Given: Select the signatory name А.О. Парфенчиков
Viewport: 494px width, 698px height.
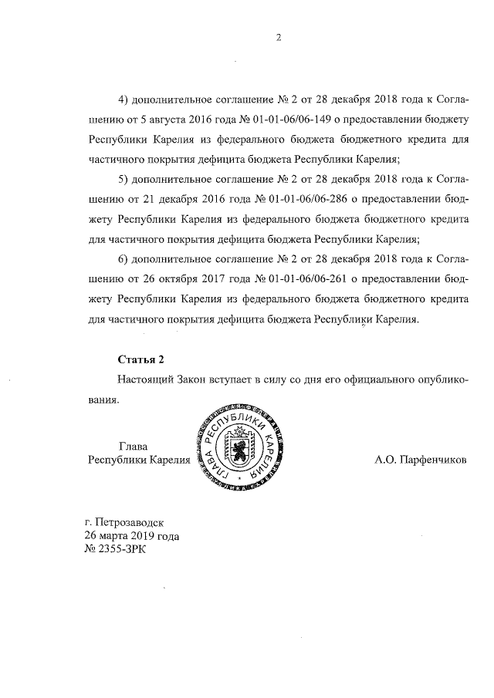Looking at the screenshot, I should (420, 460).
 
